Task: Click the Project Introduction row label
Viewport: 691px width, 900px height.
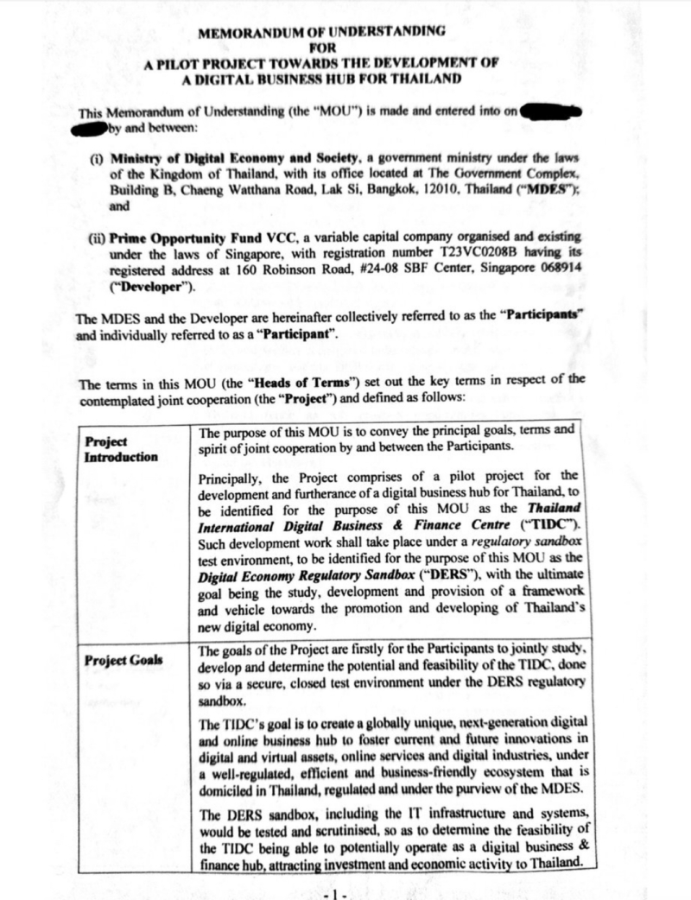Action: (121, 448)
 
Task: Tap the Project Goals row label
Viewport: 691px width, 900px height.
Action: (125, 661)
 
